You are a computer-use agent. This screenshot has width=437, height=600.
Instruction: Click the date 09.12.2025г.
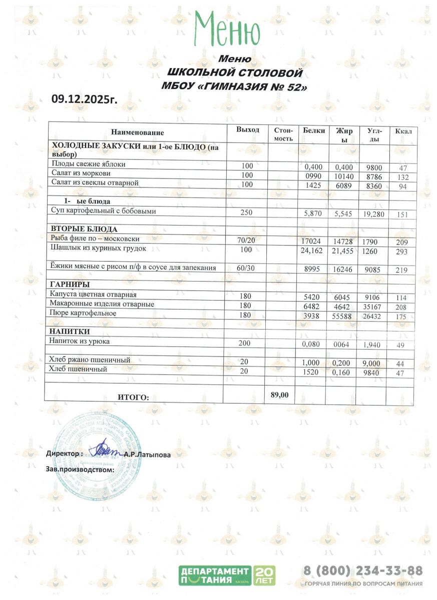(84, 99)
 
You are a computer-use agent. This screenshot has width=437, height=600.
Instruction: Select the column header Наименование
(138, 133)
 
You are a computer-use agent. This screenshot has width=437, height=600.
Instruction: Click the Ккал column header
(403, 131)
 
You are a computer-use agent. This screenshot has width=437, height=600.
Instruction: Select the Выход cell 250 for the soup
(246, 212)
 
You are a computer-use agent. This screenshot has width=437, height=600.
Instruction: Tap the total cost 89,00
(279, 394)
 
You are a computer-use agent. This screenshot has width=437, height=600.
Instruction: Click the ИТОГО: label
(134, 397)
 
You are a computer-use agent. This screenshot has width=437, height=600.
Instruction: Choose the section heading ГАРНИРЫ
(70, 284)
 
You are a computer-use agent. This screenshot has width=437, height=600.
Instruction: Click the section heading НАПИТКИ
(70, 331)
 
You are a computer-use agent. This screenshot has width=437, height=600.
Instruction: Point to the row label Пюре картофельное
(83, 313)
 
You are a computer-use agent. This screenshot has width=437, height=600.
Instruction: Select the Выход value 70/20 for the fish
(246, 240)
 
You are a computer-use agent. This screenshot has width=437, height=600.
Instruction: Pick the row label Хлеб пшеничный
(79, 368)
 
